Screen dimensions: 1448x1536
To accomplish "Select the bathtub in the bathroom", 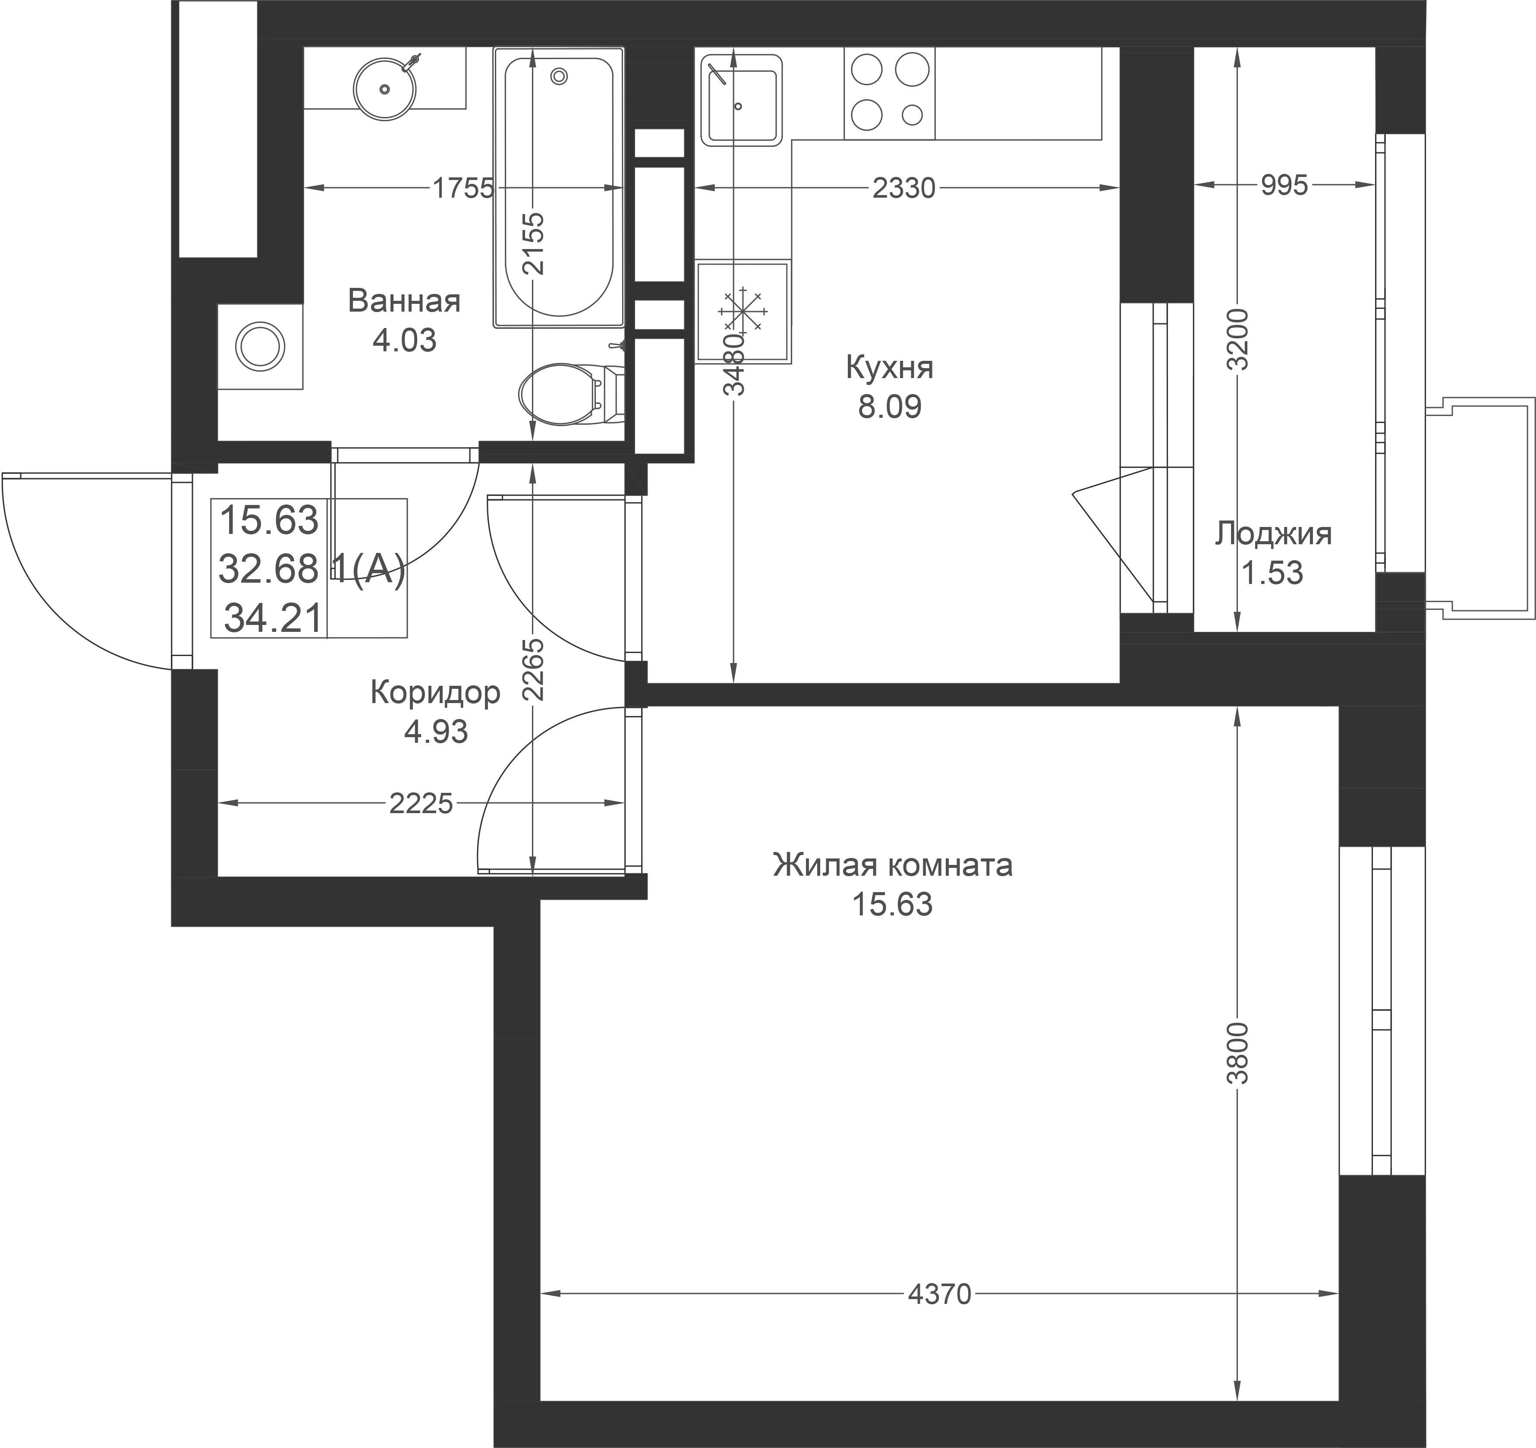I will (x=559, y=186).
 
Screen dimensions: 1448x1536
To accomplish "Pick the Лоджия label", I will (x=1272, y=534).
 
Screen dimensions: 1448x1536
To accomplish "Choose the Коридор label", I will (x=435, y=693).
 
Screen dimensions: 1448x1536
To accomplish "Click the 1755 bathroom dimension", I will (x=462, y=188).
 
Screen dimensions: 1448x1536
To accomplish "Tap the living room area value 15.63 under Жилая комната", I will (x=892, y=904).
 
